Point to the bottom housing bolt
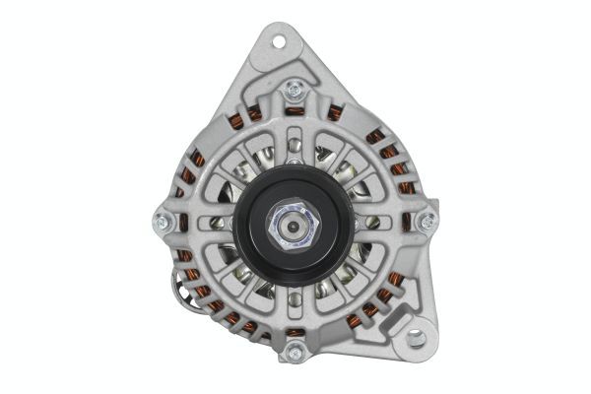(293, 352)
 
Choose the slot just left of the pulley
(221, 223)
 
